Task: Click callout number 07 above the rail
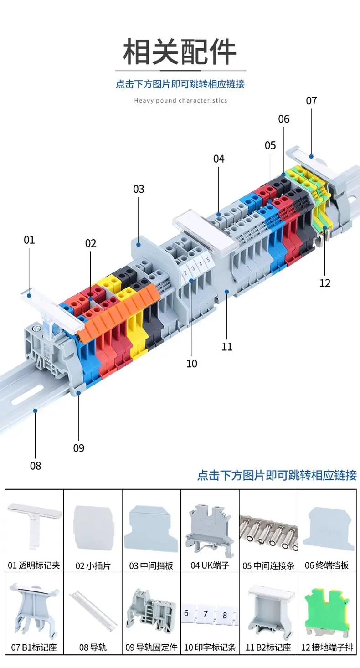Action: [x=311, y=101]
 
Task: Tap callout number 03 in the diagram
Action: [x=139, y=189]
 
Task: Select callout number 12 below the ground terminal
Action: [x=325, y=283]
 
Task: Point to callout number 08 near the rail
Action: [x=36, y=466]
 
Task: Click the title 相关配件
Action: [x=180, y=52]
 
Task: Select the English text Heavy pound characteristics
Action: [x=180, y=101]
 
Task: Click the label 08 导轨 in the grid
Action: [x=93, y=647]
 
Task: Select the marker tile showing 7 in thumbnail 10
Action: [x=206, y=614]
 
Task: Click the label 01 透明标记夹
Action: [x=34, y=565]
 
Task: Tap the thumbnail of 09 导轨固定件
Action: [x=151, y=611]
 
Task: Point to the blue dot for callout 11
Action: [x=226, y=291]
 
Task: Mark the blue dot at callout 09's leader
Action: [x=78, y=393]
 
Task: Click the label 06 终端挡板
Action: [x=327, y=565]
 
